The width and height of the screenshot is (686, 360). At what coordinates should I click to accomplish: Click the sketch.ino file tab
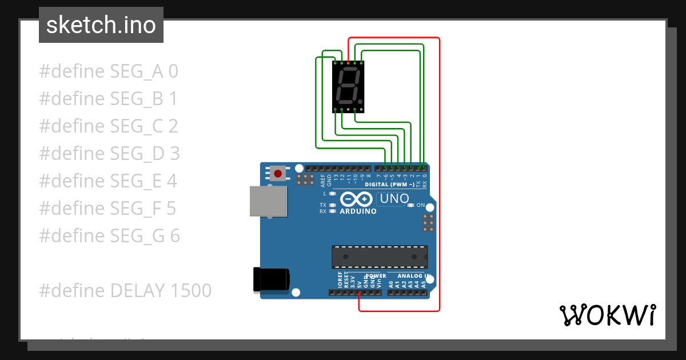point(101,25)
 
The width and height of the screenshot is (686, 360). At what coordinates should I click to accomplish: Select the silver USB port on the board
point(268,201)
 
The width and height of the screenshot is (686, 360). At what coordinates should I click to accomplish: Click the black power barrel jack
point(271,280)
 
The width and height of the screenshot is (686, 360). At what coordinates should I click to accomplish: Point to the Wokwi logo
point(607,315)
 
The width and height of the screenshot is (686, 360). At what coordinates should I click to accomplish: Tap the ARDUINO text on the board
point(358,211)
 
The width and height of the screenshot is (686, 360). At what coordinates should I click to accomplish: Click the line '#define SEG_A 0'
point(109,71)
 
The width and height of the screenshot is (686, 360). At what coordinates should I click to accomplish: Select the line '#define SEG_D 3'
point(109,154)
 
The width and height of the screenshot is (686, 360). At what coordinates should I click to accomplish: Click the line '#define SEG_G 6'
point(109,235)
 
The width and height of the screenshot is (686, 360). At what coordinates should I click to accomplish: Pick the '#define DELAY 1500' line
point(125,290)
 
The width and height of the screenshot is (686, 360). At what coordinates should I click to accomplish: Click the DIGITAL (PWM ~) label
point(390,185)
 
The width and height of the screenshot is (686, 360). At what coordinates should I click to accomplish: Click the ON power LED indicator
point(412,205)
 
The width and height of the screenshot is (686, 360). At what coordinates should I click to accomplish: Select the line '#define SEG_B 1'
point(108,99)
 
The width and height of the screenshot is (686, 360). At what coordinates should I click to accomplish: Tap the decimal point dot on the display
point(360,102)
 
